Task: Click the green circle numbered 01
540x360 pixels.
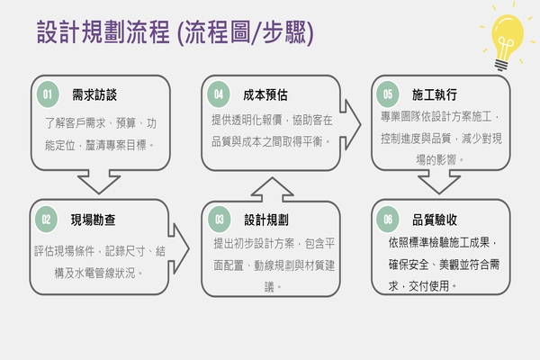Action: tap(48, 94)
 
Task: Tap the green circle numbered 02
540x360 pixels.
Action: tap(45, 219)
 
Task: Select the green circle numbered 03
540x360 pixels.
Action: tap(219, 219)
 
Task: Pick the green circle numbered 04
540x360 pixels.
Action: tap(219, 94)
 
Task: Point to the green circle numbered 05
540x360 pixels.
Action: tap(388, 94)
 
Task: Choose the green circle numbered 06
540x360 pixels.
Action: tap(388, 219)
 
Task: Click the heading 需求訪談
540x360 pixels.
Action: tap(94, 94)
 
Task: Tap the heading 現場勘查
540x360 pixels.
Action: tap(93, 219)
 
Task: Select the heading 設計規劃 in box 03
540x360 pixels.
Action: tap(265, 219)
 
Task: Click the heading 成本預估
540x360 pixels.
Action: tap(265, 94)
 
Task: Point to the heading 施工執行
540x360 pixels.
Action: tap(435, 94)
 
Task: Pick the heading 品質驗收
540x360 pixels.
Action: tap(435, 219)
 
